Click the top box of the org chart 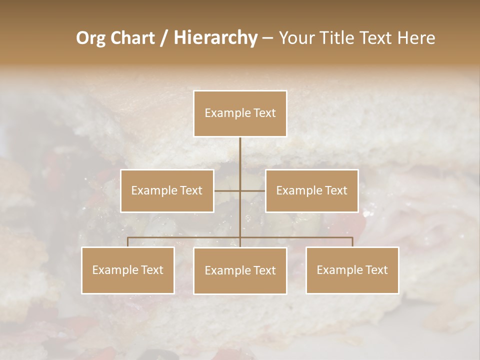pos(240,113)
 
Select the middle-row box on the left pos(167,190)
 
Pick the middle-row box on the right pos(311,190)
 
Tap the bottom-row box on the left pos(128,270)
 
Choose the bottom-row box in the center pos(240,270)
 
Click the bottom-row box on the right pos(352,270)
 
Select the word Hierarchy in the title pos(215,38)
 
